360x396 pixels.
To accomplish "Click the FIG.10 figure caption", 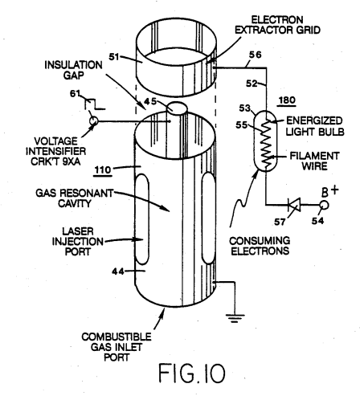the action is (192, 373).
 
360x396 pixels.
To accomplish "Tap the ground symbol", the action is (235, 318).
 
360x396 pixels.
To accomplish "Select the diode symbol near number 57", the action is (294, 205).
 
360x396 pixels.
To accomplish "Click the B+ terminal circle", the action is (324, 205).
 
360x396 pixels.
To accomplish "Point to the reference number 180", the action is (287, 100).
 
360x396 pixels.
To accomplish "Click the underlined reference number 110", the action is (103, 170).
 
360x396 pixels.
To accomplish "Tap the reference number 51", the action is (114, 57).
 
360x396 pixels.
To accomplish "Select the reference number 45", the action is (150, 101).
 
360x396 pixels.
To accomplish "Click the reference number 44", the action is (118, 271).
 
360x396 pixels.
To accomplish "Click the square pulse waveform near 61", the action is (95, 104).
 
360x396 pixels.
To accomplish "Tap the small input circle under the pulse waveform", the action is (94, 121).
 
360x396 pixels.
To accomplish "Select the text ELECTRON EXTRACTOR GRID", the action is (277, 25).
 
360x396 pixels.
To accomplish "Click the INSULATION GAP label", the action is (73, 70).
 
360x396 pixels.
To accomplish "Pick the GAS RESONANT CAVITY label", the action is (75, 198).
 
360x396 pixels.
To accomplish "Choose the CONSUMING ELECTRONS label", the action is (260, 246).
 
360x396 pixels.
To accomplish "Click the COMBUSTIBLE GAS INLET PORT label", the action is (117, 347).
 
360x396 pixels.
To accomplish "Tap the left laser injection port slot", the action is (142, 218).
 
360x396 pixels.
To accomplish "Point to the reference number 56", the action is (255, 55).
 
